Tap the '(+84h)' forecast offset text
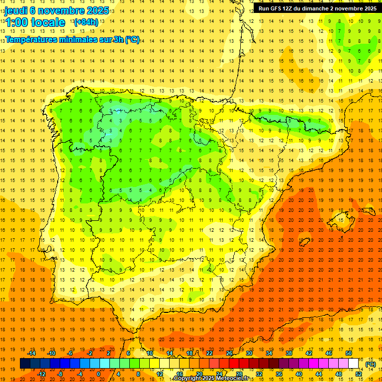[x=86, y=22]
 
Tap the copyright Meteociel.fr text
[x=211, y=379]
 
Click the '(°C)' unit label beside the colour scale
[x=371, y=364]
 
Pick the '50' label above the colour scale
[x=349, y=353]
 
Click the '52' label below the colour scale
[x=359, y=374]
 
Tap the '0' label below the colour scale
[x=98, y=374]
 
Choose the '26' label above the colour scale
[x=229, y=353]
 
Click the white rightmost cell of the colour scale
[x=354, y=364]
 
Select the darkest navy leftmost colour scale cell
[x=25, y=364]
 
